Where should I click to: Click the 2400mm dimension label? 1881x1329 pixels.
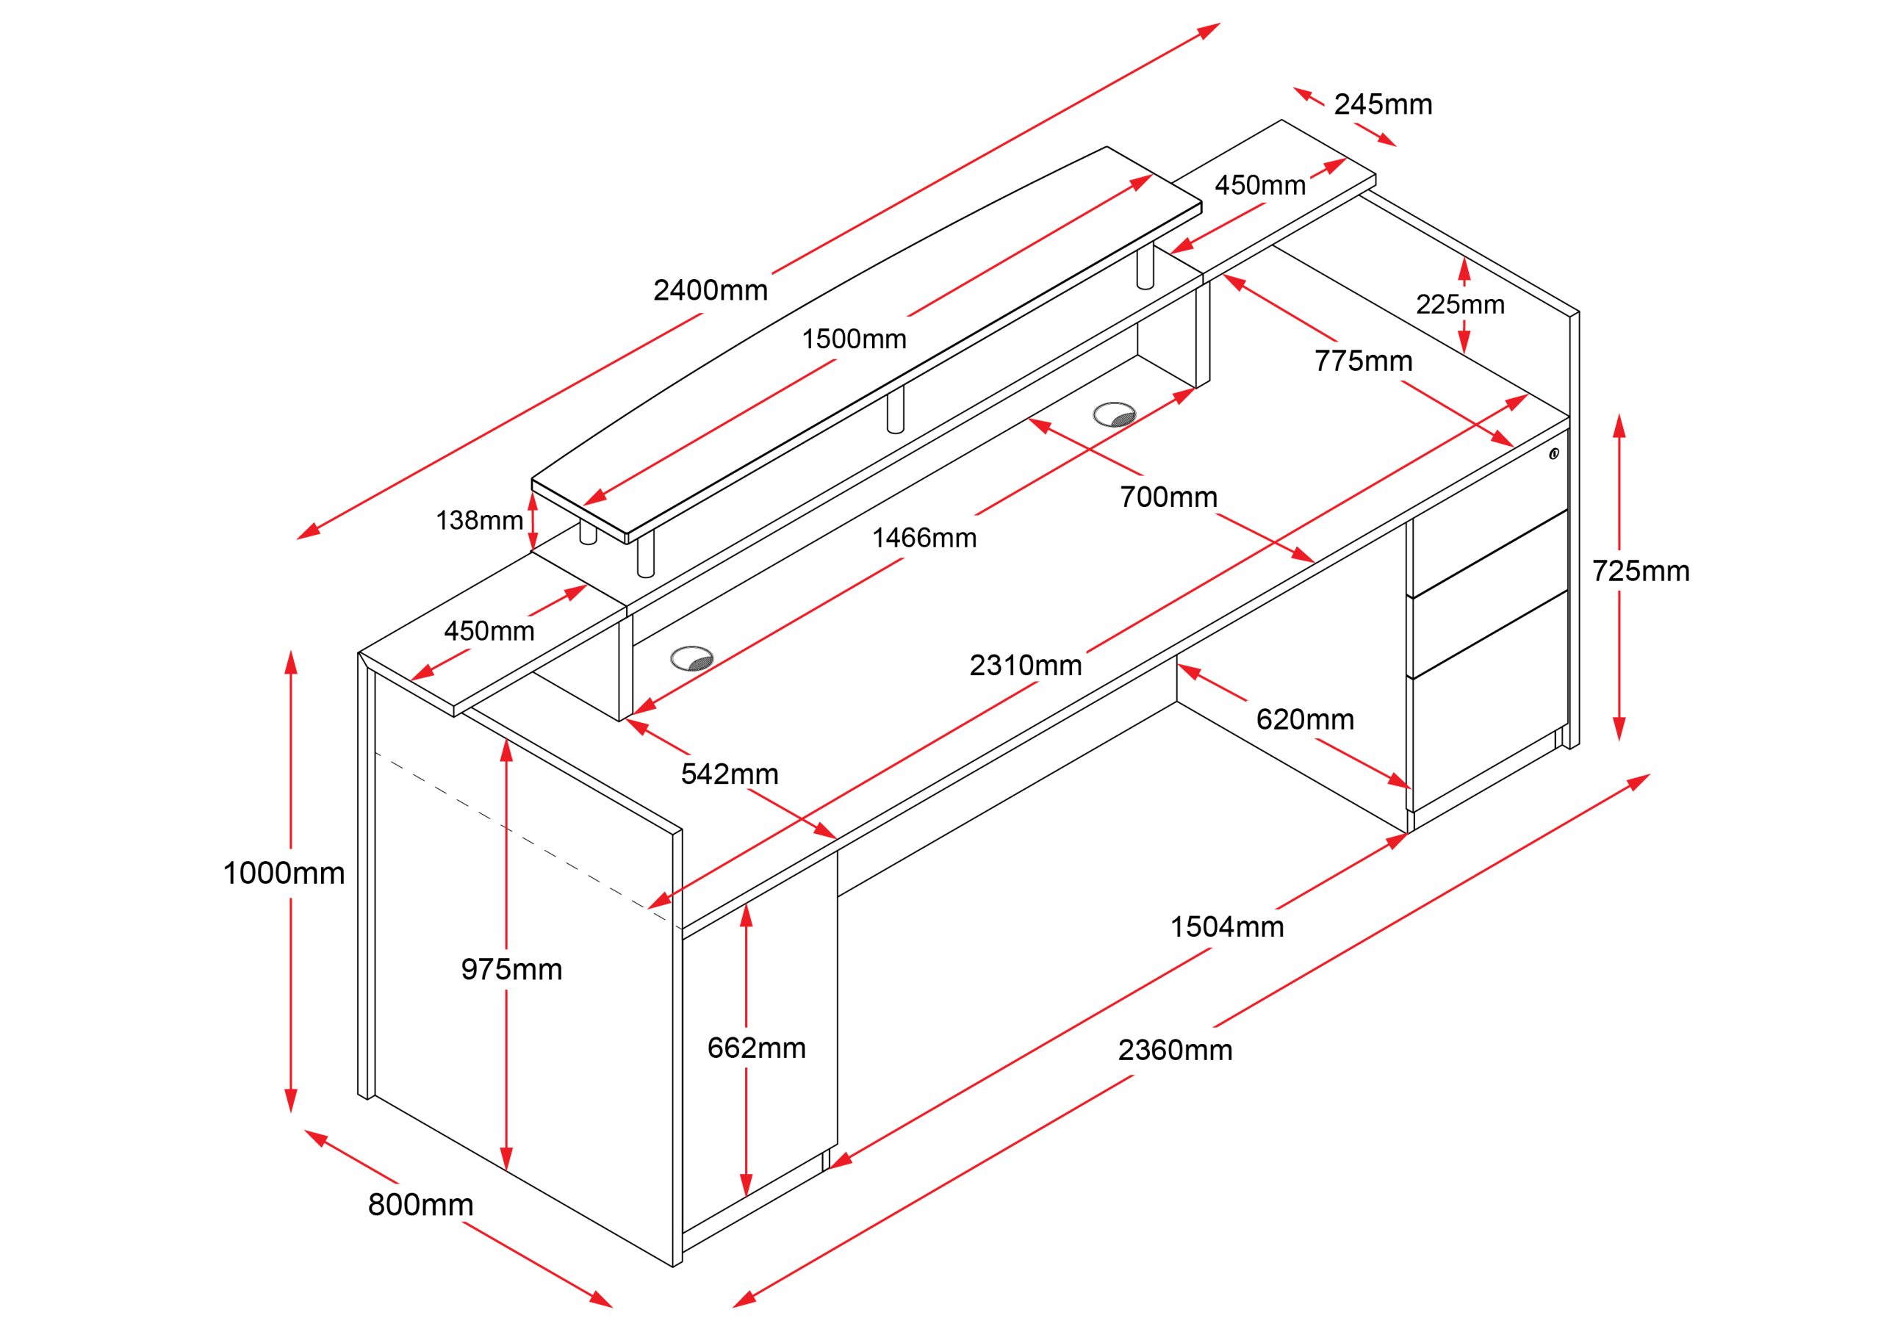point(711,290)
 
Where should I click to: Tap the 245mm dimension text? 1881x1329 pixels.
point(1383,105)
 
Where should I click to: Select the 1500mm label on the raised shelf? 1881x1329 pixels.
point(854,339)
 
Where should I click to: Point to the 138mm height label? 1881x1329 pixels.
point(479,520)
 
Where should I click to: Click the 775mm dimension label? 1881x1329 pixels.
point(1363,361)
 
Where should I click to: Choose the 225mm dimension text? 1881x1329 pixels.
point(1460,305)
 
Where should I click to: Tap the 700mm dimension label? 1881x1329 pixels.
point(1168,497)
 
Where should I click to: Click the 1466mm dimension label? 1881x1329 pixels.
point(924,539)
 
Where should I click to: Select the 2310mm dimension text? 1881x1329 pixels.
point(1026,666)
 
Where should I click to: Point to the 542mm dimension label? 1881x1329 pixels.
point(729,774)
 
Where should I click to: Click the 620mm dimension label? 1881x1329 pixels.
point(1305,719)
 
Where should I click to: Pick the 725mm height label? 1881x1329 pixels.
point(1640,571)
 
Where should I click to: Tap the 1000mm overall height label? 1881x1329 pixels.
point(284,874)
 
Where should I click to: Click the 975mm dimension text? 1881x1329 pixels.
point(511,969)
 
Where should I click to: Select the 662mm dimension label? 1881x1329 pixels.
point(756,1048)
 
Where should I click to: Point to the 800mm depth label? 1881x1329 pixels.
point(420,1204)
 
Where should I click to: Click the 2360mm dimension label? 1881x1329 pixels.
point(1175,1050)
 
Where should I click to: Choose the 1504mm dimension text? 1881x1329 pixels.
point(1226,926)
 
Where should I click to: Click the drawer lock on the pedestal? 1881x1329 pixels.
point(1553,454)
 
